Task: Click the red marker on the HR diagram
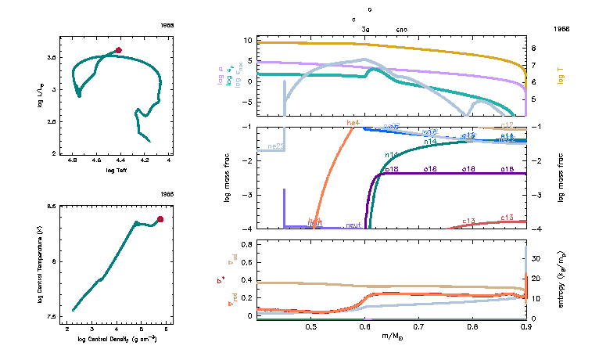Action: [x=118, y=50]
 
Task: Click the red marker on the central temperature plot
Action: [x=160, y=219]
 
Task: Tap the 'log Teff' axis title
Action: [x=116, y=170]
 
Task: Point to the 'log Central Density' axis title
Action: [x=116, y=337]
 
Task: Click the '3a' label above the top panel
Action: [x=365, y=29]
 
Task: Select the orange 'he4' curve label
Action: [x=353, y=123]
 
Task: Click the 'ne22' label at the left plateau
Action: [x=275, y=146]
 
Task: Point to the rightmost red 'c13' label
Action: [x=506, y=218]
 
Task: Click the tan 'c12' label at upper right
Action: [x=506, y=125]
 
